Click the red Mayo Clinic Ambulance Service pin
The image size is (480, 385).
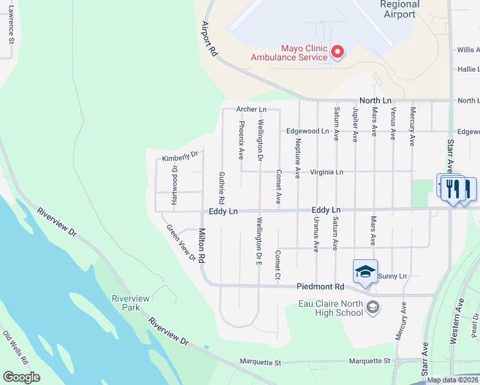[x=337, y=52]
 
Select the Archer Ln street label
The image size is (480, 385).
[x=251, y=110]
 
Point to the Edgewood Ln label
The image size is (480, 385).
[x=307, y=131]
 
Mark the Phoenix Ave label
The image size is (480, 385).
[x=242, y=139]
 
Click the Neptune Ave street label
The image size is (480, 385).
[x=298, y=158]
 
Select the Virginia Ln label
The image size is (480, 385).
[x=327, y=172]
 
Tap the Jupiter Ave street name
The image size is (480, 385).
[x=355, y=124]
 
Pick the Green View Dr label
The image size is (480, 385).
[x=181, y=243]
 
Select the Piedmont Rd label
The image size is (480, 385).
[x=320, y=287]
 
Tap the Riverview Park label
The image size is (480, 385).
[x=130, y=303]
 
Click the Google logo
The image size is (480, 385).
[x=21, y=377]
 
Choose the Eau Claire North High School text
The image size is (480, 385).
[x=331, y=308]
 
